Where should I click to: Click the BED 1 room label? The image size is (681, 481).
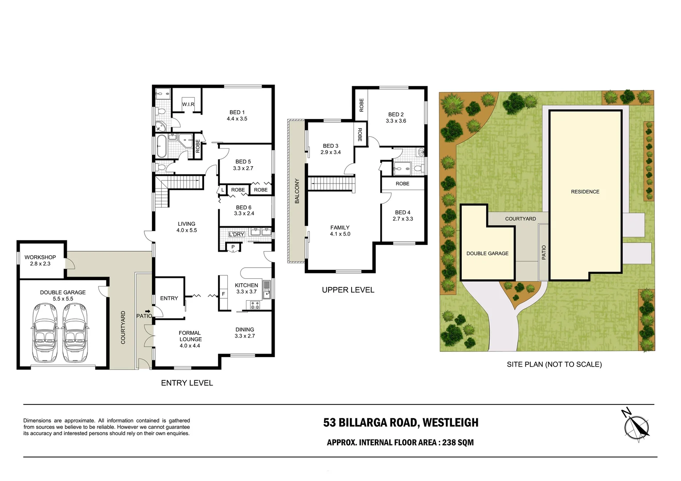point(237,113)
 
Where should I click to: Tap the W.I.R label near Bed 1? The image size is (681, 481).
point(188,104)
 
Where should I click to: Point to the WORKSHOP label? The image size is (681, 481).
point(40,257)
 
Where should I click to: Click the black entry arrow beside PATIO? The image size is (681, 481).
point(147,311)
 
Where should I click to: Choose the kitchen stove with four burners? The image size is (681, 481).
point(254,305)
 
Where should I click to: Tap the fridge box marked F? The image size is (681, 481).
point(223,294)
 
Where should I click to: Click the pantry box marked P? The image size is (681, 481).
point(233,247)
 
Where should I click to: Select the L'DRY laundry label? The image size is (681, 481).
point(236,234)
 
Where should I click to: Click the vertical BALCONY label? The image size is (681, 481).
point(297,191)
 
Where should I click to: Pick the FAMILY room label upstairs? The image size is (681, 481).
point(340,228)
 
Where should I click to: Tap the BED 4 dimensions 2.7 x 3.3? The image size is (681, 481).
point(402,219)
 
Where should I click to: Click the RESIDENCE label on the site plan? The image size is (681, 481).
point(585,192)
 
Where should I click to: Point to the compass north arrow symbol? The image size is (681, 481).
point(637,426)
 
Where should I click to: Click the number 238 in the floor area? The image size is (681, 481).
point(449,443)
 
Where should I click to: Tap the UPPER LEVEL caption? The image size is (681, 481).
point(348,290)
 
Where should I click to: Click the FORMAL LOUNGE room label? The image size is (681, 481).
point(190,336)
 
